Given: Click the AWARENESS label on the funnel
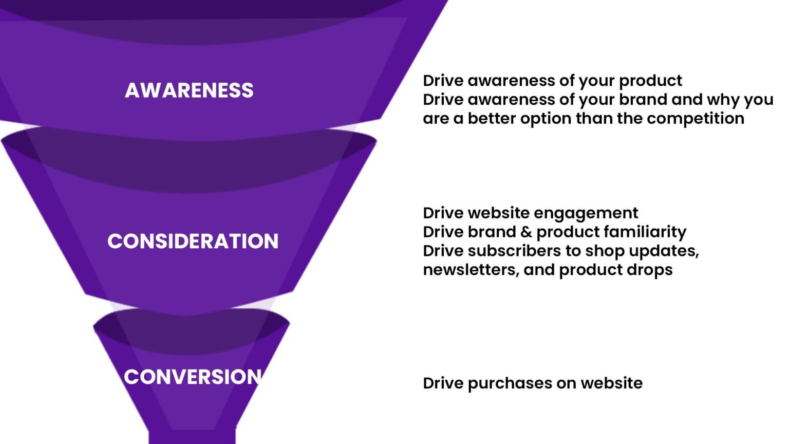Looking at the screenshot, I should click(189, 90).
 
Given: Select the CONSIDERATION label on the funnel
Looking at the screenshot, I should click(193, 241).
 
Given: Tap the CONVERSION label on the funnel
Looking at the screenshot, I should click(193, 377).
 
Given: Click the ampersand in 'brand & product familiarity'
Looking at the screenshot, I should click(526, 232).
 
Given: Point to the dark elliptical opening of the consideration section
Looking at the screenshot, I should click(189, 159).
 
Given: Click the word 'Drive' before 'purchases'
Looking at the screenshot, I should click(443, 383).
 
